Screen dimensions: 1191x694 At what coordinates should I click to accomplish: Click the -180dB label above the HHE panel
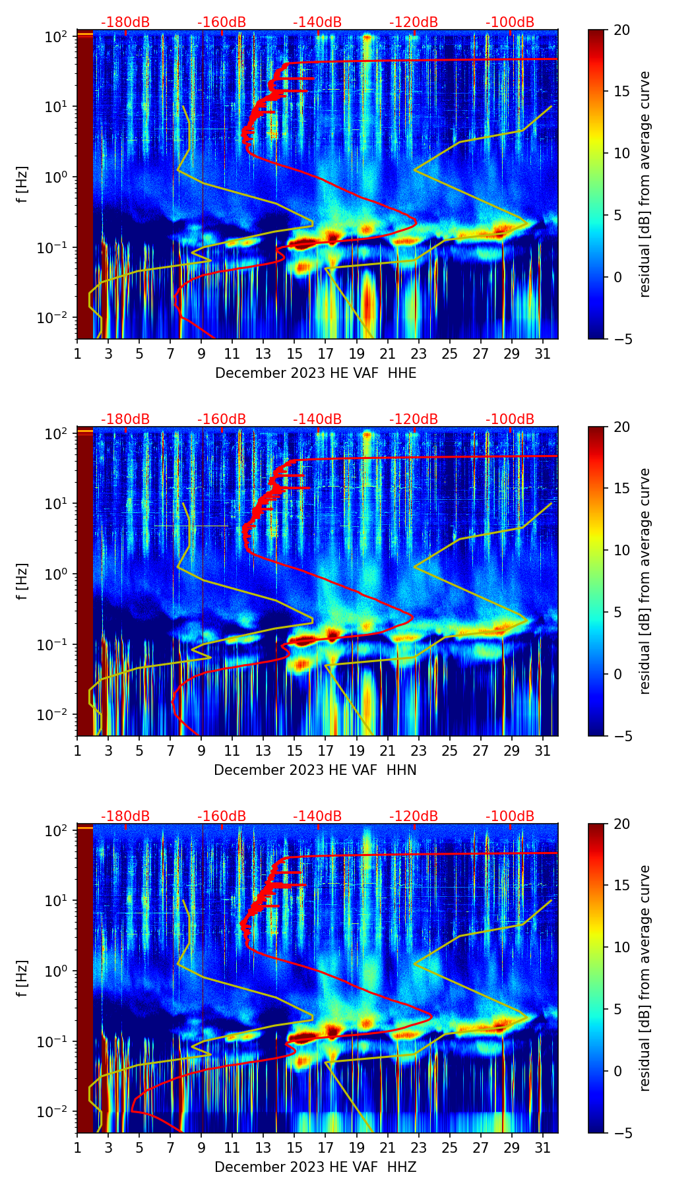tap(125, 22)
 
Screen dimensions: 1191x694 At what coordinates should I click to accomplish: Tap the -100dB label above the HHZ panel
tap(510, 816)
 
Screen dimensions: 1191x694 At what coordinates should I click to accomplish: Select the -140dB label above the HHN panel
tap(317, 419)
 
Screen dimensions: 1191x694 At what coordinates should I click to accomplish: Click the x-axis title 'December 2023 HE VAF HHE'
tap(315, 373)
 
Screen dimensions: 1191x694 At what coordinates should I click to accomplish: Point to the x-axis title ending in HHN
tap(315, 770)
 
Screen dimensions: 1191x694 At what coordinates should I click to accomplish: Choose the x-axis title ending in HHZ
tap(315, 1167)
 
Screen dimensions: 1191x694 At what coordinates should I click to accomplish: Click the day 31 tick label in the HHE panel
tap(542, 353)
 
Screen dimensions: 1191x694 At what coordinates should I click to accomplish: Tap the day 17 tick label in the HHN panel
tap(325, 750)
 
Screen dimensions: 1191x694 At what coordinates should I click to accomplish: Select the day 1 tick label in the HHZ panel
tap(77, 1147)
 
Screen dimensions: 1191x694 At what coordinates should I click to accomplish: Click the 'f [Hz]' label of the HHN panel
tap(22, 581)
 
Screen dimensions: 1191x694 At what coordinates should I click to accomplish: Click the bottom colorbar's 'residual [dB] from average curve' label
tap(645, 978)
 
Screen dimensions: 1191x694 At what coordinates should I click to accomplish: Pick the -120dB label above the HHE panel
tap(414, 22)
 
